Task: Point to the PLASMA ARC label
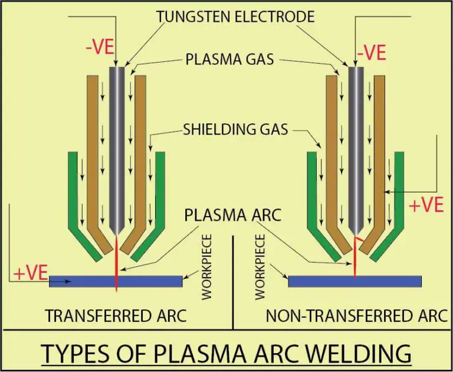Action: click(x=231, y=214)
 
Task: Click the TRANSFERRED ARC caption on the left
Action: click(x=116, y=316)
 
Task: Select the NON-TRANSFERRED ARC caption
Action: click(x=356, y=316)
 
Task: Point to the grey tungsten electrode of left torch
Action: click(x=116, y=148)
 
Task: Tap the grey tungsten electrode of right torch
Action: click(x=355, y=148)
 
